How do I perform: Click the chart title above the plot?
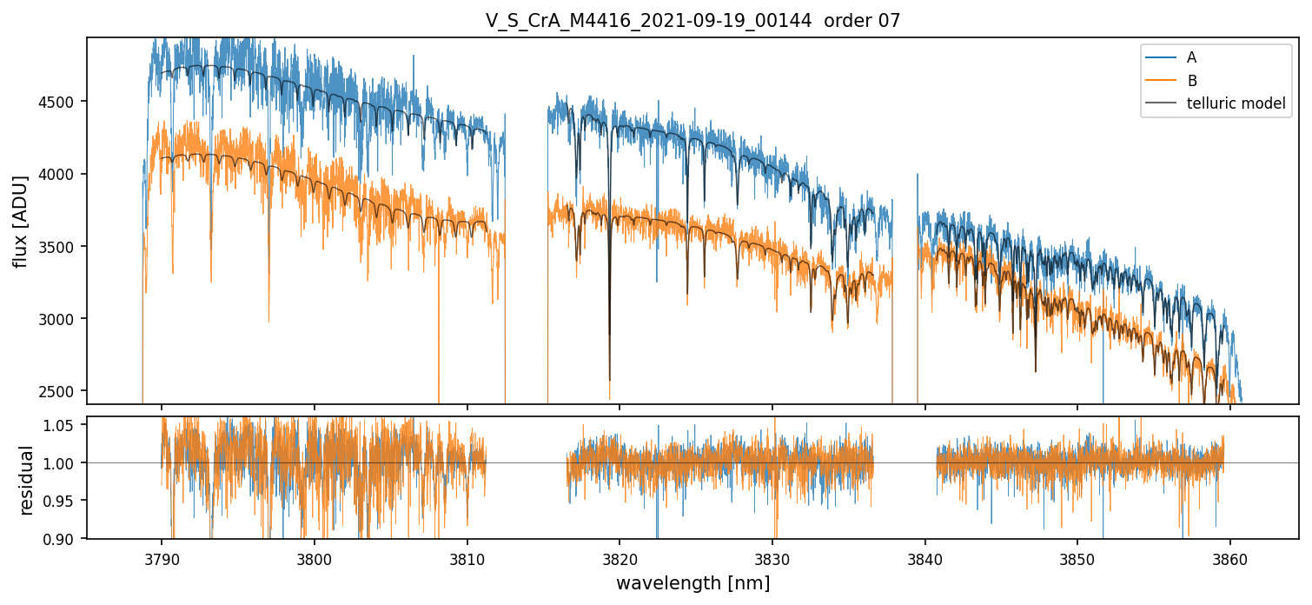[x=692, y=21]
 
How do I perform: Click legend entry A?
[x=1191, y=58]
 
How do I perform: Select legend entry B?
[x=1191, y=81]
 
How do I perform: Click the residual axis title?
[x=26, y=480]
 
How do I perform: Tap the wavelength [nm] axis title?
[x=692, y=583]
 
